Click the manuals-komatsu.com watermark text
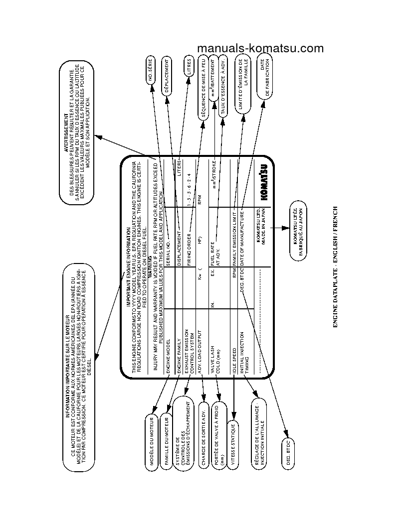coord(260,48)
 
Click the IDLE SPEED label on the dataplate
coord(234,357)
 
